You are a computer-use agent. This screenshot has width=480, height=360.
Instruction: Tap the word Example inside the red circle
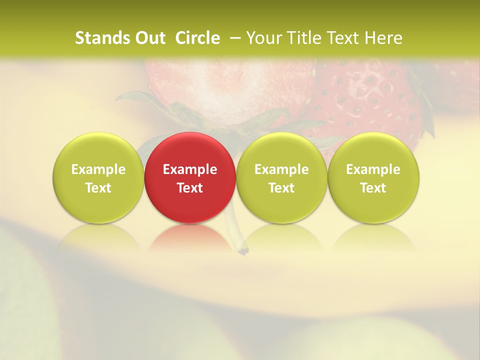[190, 169]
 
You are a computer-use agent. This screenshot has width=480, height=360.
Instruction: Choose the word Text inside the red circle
[190, 188]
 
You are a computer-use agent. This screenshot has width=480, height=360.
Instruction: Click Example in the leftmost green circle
[98, 169]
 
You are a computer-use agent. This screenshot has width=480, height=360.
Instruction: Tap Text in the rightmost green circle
[373, 188]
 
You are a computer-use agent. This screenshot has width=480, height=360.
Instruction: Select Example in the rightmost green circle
[373, 169]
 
